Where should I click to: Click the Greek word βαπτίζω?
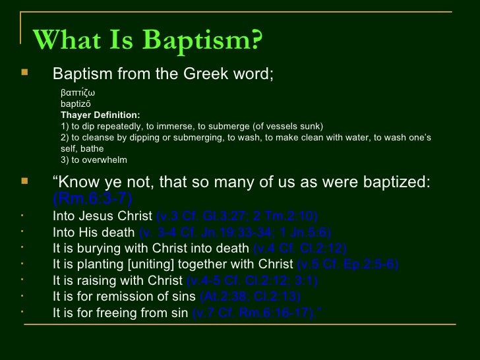pos(78,92)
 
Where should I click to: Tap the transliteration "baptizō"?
pos(76,104)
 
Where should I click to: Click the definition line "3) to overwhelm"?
pos(93,160)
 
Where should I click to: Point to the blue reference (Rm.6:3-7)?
pos(92,198)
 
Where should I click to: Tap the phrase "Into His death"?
pos(93,232)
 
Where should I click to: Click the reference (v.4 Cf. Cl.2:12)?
pos(300,249)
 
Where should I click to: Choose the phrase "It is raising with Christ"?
pos(117,282)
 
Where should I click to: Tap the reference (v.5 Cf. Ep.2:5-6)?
pos(347,265)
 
